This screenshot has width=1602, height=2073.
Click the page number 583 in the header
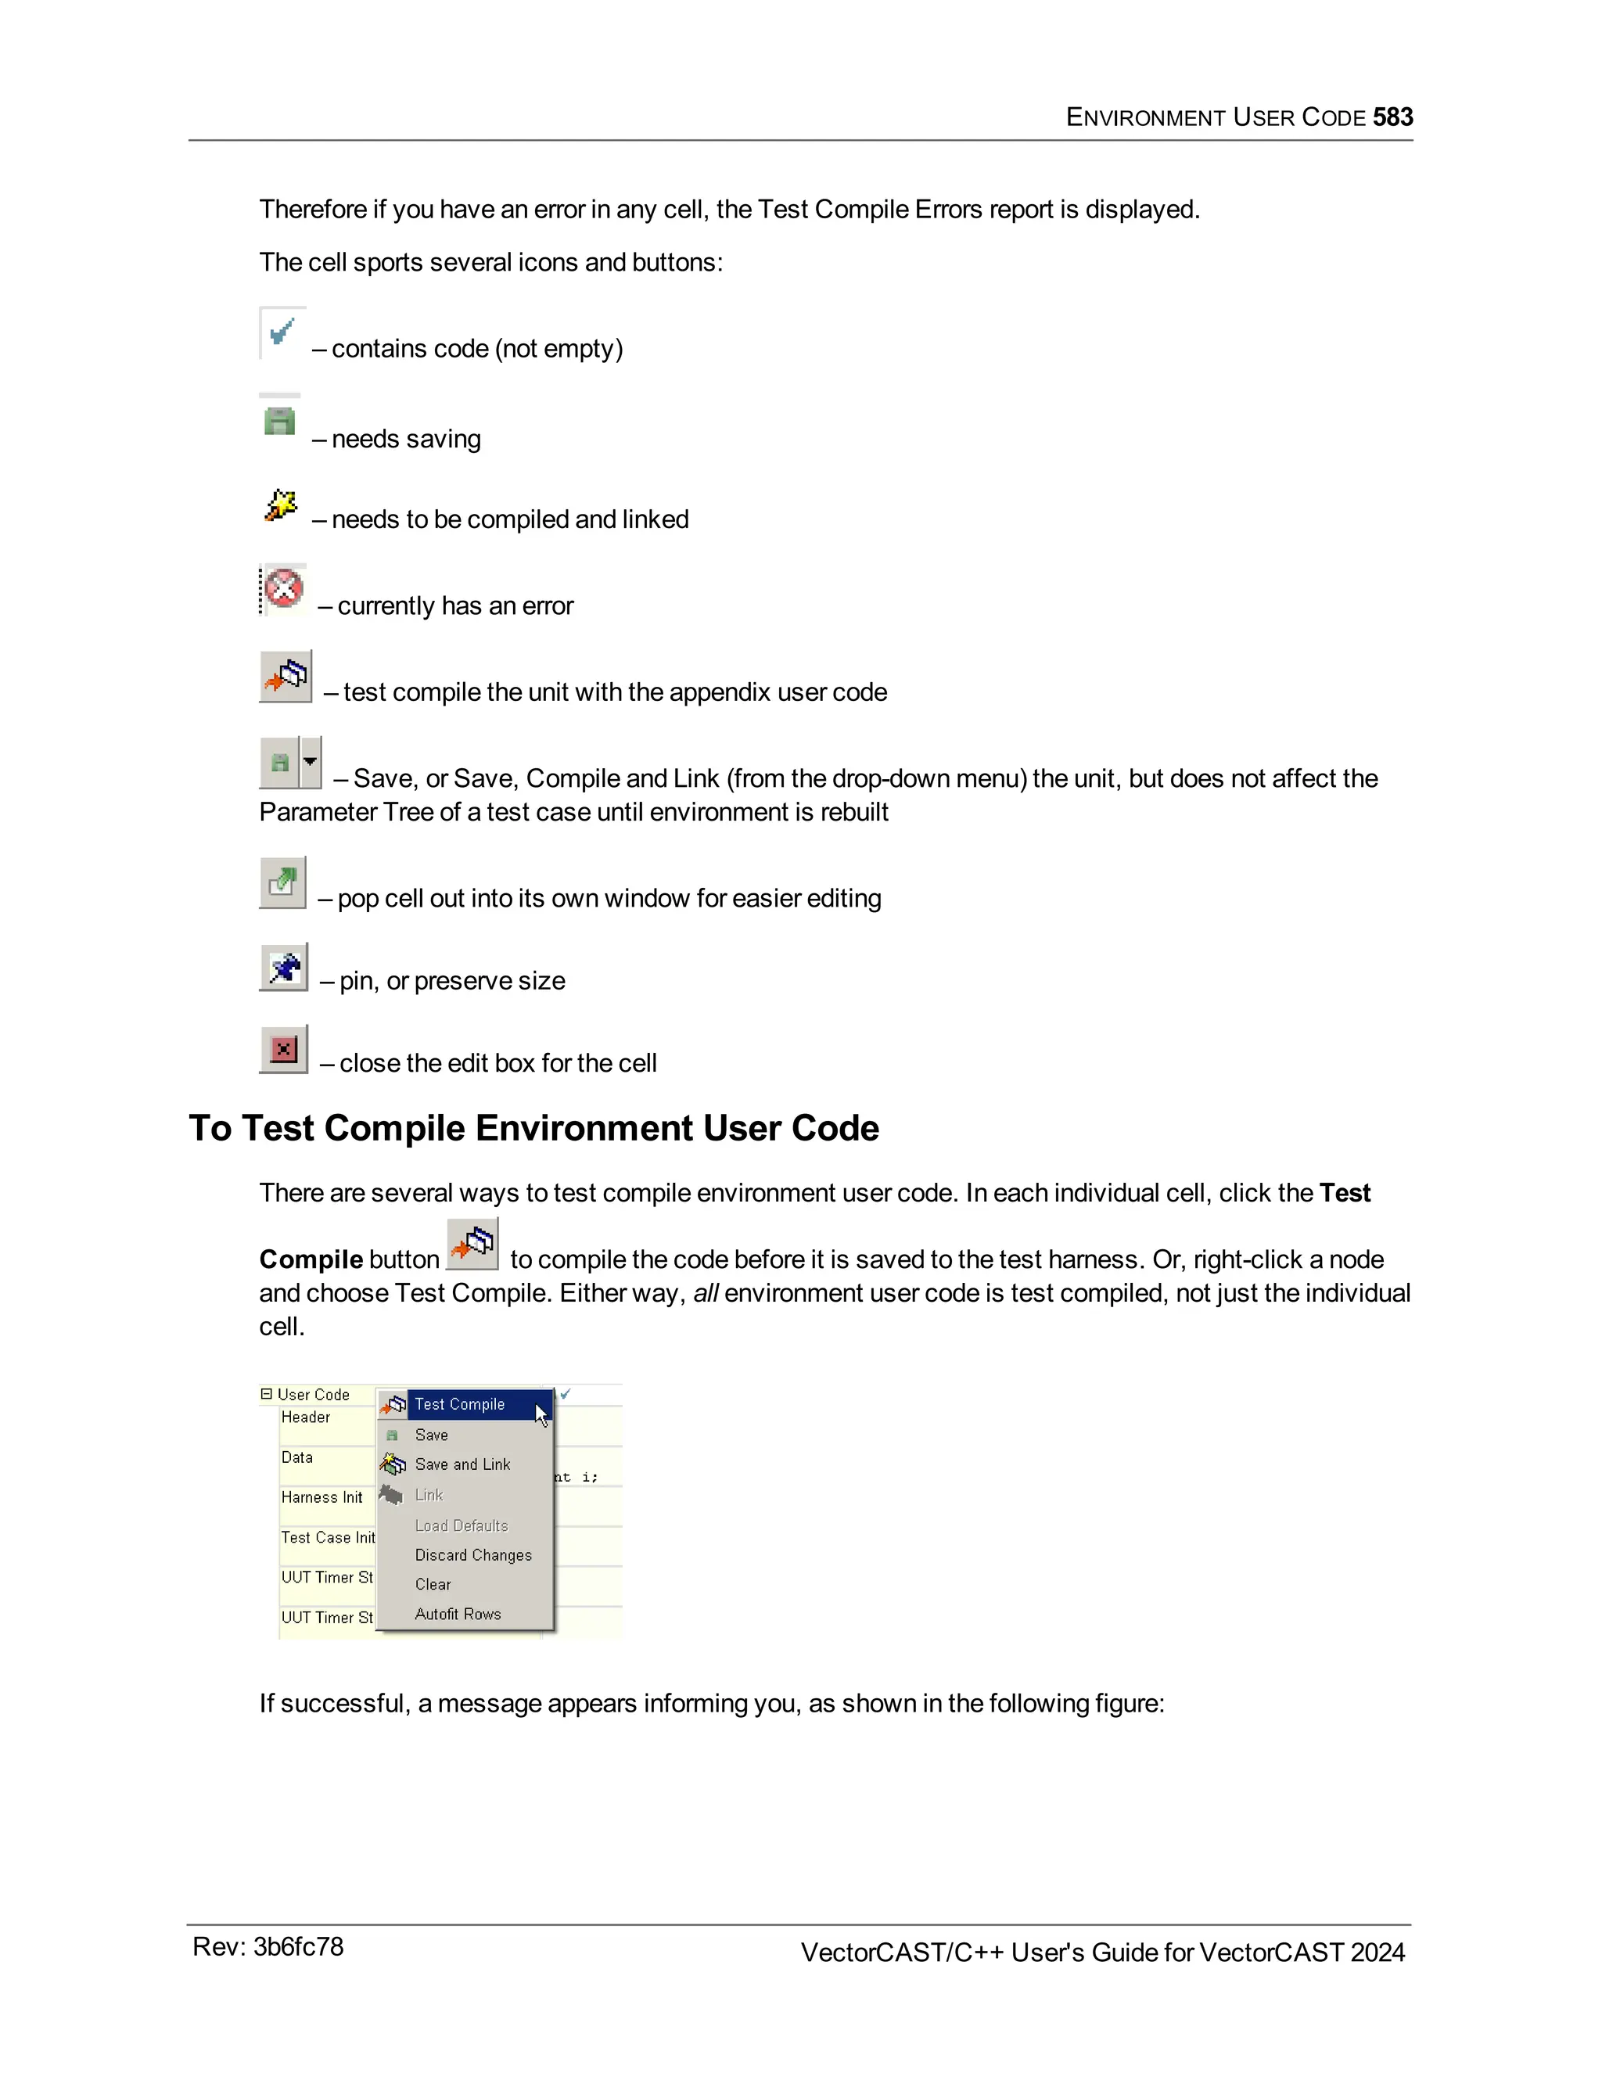(1392, 117)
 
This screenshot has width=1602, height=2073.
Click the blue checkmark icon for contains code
(281, 333)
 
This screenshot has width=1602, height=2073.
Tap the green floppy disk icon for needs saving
(279, 421)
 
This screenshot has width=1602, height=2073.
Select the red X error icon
(283, 588)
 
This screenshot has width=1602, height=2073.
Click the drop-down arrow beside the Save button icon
(311, 761)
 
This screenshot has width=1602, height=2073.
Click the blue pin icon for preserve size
(284, 967)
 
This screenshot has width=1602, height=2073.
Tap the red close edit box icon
(284, 1049)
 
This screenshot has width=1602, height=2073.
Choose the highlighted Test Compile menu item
(460, 1404)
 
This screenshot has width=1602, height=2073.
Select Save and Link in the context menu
(462, 1464)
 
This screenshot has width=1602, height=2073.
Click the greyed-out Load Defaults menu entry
(462, 1525)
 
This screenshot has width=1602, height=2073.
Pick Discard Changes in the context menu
(472, 1555)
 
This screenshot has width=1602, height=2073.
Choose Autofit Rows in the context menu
(458, 1614)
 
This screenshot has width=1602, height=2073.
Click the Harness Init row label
(321, 1496)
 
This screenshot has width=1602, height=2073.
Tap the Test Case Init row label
(328, 1536)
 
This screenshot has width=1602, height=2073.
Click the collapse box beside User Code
(267, 1393)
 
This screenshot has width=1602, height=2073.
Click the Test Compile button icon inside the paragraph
(472, 1244)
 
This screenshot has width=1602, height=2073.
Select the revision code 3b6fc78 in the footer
(298, 1947)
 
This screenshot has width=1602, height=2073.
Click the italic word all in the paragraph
(705, 1293)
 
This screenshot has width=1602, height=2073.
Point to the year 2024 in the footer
(1377, 1953)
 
